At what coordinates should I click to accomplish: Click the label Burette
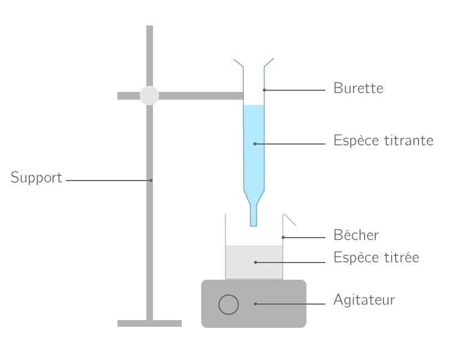(358, 88)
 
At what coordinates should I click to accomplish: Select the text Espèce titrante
(383, 141)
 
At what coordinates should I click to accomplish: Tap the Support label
(37, 178)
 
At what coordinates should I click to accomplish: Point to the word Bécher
(356, 235)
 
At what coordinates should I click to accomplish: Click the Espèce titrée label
(376, 258)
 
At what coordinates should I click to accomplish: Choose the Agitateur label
(364, 300)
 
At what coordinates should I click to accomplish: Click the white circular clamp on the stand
(149, 95)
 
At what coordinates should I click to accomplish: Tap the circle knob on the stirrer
(228, 304)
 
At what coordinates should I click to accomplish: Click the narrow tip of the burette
(254, 216)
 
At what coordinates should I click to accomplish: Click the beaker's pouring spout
(290, 220)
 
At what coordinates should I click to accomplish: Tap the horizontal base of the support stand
(149, 323)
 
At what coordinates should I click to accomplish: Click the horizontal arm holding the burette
(200, 96)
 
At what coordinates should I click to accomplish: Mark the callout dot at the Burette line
(264, 90)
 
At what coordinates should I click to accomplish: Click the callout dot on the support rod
(150, 180)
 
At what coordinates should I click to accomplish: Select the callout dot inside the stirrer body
(255, 304)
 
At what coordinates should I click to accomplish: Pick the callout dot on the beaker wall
(283, 238)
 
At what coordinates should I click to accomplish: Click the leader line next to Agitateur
(291, 304)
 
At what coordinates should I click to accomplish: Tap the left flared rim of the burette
(238, 63)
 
